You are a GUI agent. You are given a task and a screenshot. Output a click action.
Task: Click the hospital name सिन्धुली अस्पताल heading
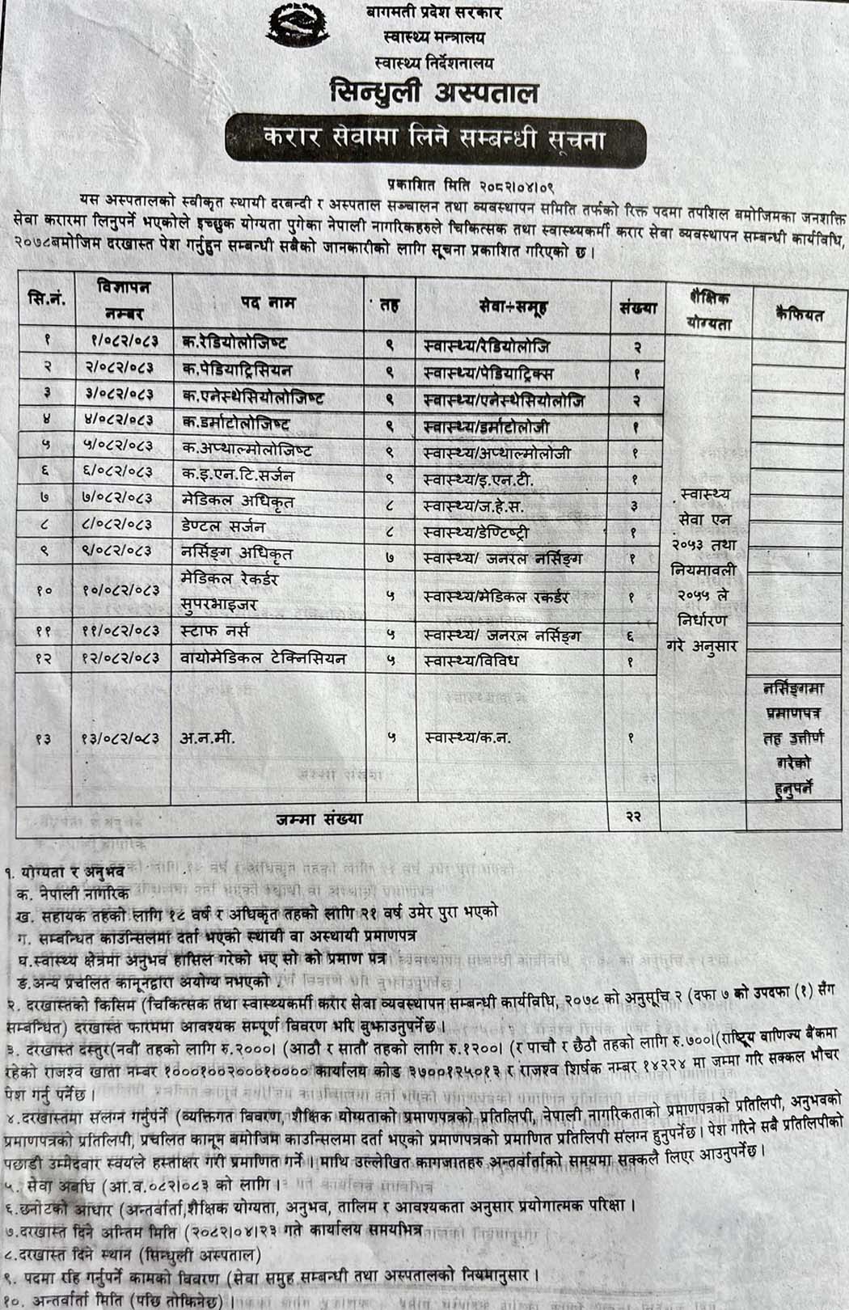pos(433,92)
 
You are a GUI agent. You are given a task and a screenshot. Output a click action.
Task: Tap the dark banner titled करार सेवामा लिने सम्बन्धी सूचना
pos(436,141)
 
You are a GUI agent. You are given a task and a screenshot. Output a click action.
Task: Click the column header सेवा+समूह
pos(512,306)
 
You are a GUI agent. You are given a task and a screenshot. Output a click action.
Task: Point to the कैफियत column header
pos(799,315)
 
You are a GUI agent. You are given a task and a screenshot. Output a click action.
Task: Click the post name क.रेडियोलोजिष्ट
pos(234,343)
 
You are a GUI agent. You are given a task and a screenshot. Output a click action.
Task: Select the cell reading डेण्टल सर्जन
pos(223,527)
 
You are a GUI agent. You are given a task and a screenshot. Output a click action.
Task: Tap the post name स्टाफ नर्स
pos(215,631)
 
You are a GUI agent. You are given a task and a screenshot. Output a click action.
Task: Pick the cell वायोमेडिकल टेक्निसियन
pos(264,658)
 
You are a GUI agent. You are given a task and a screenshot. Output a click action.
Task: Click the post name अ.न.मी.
pos(209,738)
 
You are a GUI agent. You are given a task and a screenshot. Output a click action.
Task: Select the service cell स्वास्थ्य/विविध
pos(471,661)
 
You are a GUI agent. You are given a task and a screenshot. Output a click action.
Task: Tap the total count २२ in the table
pos(634,817)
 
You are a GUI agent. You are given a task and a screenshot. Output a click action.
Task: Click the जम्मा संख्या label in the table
pos(319,818)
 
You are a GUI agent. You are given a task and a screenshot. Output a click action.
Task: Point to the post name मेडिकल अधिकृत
pos(237,501)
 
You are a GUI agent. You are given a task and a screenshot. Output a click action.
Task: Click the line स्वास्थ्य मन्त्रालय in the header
pos(434,37)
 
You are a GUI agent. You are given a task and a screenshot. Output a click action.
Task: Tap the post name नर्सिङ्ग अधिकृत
pos(236,554)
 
